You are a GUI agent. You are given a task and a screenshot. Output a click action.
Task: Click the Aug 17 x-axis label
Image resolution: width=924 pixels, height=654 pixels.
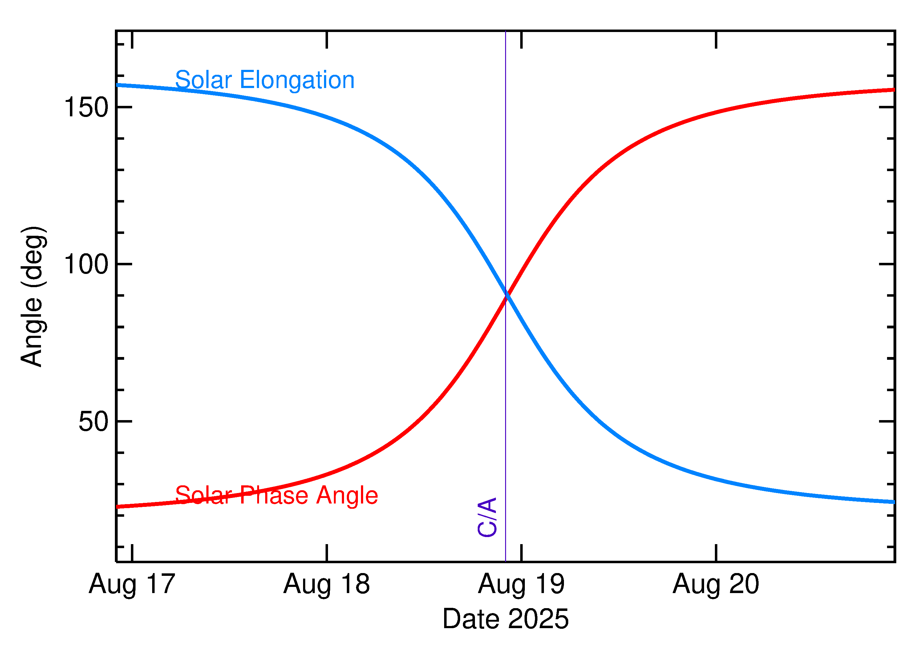coord(132,585)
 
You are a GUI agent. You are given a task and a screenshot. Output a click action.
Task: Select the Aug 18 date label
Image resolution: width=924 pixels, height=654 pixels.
coord(326,585)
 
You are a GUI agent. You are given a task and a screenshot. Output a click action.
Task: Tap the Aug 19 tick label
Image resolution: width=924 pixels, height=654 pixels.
coord(521,585)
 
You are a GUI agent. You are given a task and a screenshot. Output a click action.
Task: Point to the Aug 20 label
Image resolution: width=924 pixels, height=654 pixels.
coord(716,585)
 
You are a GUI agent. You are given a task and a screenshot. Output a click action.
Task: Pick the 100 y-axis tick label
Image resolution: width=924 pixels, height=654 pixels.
coord(86,265)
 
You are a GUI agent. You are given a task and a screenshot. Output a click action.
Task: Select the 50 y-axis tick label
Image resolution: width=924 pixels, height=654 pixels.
coord(94,422)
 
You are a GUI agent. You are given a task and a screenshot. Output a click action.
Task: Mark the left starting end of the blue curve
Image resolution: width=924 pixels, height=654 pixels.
coord(118,85)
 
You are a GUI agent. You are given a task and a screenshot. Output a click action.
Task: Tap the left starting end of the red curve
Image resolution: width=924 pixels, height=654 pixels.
coord(118,507)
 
